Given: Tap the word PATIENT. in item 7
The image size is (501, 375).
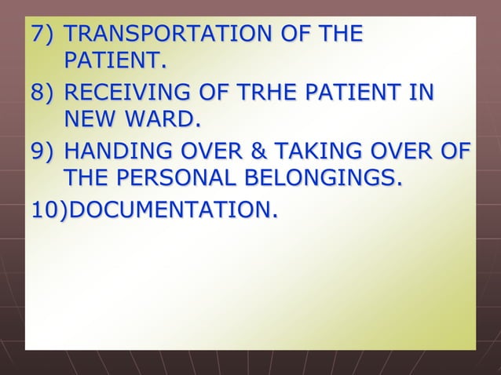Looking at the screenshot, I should [x=116, y=60].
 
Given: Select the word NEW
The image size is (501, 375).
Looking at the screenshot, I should [x=91, y=121].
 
